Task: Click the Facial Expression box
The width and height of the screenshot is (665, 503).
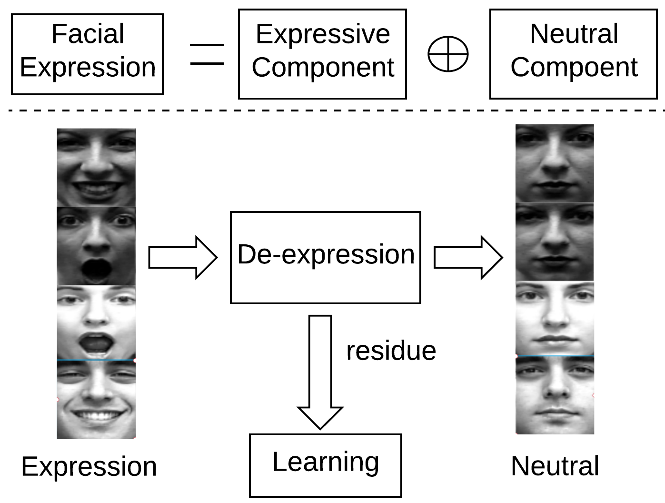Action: click(87, 54)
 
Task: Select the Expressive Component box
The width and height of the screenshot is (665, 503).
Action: click(322, 54)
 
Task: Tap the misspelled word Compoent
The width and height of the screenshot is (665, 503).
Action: click(574, 67)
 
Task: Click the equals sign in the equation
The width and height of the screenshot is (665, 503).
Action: click(207, 54)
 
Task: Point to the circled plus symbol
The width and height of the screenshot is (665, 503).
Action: click(448, 54)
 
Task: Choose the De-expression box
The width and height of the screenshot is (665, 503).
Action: click(325, 257)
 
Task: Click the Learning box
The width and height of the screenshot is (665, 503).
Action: click(325, 465)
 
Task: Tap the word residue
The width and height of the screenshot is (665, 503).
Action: click(391, 351)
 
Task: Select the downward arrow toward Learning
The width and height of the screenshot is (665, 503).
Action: click(320, 372)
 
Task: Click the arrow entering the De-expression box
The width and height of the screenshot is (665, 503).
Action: click(183, 258)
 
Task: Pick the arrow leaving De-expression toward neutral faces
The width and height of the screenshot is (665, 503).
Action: click(468, 258)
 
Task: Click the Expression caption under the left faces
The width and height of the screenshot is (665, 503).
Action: click(89, 466)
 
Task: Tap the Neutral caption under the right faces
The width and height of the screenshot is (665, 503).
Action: click(555, 466)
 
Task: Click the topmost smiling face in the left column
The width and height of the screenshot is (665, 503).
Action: click(96, 168)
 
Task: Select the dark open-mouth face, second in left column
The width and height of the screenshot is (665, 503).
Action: click(96, 246)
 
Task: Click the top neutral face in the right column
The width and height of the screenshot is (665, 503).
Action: click(555, 163)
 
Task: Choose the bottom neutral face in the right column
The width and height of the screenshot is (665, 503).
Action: click(555, 395)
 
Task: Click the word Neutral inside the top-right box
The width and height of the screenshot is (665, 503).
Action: click(574, 34)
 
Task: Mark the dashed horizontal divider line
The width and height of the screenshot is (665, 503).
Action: click(333, 111)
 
